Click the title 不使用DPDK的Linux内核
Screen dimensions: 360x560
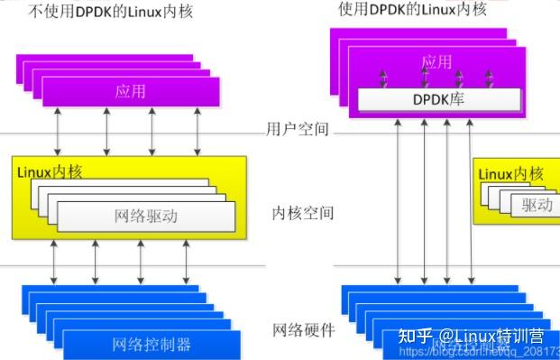(x=99, y=12)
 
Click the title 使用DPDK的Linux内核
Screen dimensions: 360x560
(x=412, y=9)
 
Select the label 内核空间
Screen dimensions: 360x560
(x=303, y=214)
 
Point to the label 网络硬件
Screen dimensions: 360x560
(x=303, y=330)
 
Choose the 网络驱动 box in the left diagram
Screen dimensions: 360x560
(x=147, y=216)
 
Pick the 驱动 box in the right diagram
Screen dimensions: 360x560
(x=537, y=205)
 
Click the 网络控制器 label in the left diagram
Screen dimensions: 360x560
(x=151, y=344)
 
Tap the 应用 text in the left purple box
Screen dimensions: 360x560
(x=131, y=91)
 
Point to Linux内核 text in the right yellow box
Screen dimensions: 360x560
(x=511, y=173)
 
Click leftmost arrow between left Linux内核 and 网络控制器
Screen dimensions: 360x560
(x=55, y=263)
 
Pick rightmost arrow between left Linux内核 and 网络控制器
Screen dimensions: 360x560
(x=185, y=263)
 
